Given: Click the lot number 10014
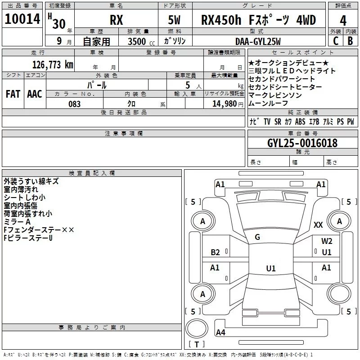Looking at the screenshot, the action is [x=22, y=20].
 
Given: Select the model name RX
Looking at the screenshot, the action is [x=117, y=21].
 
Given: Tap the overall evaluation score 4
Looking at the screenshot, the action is [x=343, y=20].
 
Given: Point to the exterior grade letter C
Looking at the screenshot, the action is [x=335, y=41].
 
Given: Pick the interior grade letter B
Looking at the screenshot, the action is [x=350, y=41].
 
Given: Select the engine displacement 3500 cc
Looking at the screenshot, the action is [x=136, y=41].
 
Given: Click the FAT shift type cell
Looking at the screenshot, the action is [x=13, y=94].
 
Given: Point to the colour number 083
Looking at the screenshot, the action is [x=74, y=104].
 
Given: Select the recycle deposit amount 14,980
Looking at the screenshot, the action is [x=224, y=104].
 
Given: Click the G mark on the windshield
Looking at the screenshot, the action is [x=257, y=237].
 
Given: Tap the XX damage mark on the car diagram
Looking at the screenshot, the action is [x=318, y=225].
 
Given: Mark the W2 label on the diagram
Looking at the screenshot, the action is [x=327, y=241].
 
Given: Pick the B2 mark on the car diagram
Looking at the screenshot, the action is [x=216, y=252].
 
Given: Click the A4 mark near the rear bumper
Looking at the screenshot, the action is [x=220, y=333].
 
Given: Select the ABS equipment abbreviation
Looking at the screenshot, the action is [x=300, y=122].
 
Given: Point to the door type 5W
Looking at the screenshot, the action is [x=175, y=21].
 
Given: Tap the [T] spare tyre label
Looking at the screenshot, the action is [x=196, y=345].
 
